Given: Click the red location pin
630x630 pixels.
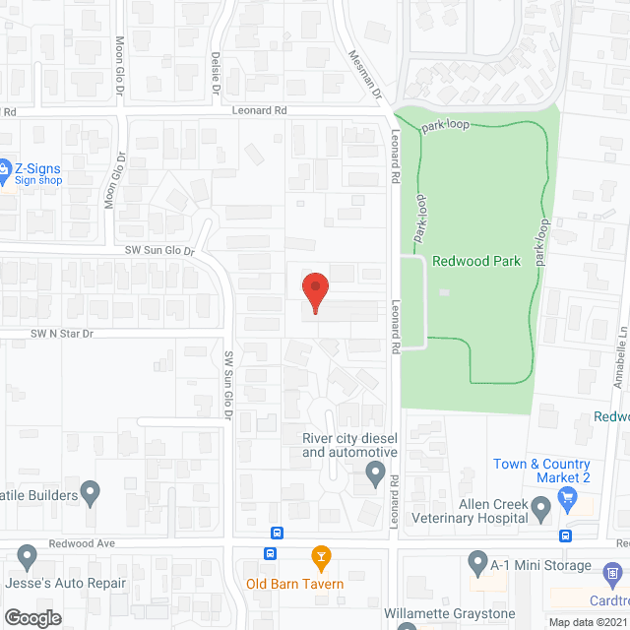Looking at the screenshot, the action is pos(314,292).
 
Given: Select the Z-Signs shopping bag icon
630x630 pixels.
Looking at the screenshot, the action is pos(4,173).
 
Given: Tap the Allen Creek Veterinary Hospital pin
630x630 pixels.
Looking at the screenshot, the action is pos(540,509).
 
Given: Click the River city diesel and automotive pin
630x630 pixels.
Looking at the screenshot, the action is pos(375,474).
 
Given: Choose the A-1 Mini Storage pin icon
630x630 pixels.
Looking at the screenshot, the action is pos(477,564).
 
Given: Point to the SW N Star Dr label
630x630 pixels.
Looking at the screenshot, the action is pos(61,335).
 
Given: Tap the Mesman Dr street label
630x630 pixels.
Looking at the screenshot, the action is pos(359,71).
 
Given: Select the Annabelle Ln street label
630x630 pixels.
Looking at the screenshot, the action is pos(621,336).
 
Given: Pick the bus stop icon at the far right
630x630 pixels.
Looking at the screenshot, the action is pos(566,535).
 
